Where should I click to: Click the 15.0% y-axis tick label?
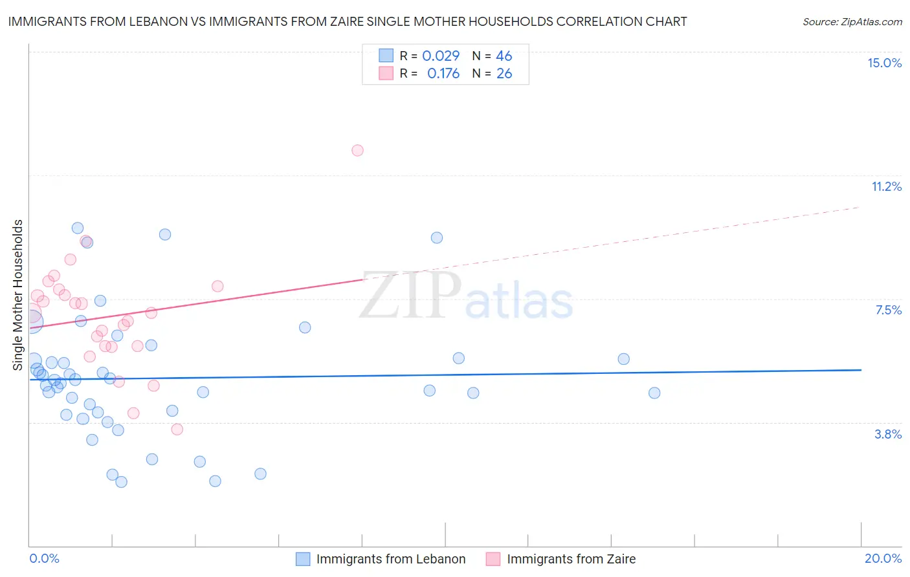[884, 63]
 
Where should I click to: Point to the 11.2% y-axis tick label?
[886, 186]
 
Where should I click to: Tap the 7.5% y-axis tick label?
[888, 310]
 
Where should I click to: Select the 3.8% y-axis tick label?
[888, 434]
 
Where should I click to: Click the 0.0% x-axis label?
[44, 558]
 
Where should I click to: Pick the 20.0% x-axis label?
[883, 558]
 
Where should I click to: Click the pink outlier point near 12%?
[357, 150]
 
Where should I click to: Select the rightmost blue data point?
[654, 393]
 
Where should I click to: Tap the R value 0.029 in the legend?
[440, 56]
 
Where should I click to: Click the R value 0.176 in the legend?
[443, 73]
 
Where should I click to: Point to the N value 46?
[504, 56]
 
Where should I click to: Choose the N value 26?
[504, 73]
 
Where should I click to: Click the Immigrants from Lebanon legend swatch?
[302, 559]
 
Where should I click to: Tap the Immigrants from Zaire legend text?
[571, 559]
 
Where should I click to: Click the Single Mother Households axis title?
[17, 295]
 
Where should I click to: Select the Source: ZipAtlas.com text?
[852, 21]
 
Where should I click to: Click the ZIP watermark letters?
[410, 296]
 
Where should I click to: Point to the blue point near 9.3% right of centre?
[437, 237]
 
